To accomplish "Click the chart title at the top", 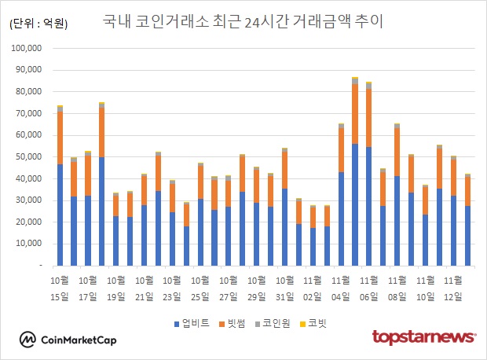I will tap(243, 21).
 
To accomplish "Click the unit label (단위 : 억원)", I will tap(38, 24).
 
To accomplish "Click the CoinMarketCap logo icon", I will tap(29, 340).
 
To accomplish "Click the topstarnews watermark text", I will tap(423, 337).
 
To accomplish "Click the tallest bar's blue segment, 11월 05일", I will tap(355, 204).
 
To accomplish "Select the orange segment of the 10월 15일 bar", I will tap(60, 138).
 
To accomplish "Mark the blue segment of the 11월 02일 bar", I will tap(313, 247).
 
